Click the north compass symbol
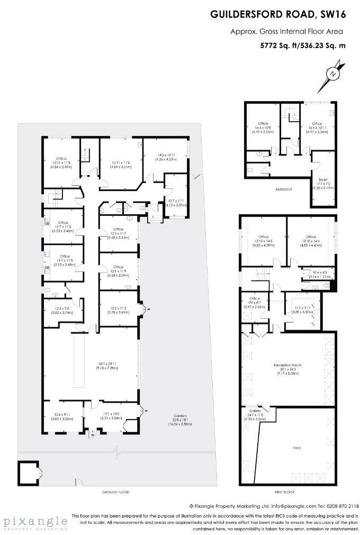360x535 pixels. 332,75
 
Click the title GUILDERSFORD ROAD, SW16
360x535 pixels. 285,15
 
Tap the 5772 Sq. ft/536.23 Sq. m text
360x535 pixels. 302,46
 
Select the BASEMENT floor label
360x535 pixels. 283,189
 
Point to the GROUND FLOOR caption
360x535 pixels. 115,492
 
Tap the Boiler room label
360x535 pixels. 323,182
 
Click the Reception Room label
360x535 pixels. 287,365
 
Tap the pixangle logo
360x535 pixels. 34,522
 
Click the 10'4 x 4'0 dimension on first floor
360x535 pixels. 317,273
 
